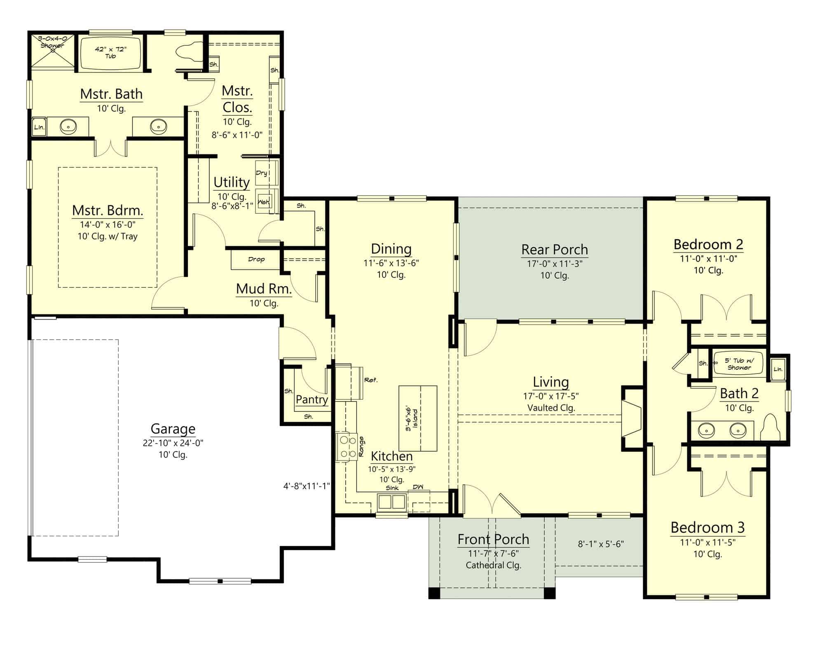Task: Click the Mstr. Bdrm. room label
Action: (108, 210)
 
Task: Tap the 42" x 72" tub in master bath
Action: (110, 53)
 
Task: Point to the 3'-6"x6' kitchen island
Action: (418, 418)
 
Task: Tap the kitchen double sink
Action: (392, 502)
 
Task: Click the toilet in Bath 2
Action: (770, 427)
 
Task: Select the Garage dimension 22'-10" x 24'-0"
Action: (173, 443)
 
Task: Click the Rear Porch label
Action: (555, 250)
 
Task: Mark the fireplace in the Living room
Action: (632, 418)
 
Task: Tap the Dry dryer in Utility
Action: (267, 173)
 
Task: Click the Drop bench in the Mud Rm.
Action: (256, 259)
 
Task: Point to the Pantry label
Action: (312, 399)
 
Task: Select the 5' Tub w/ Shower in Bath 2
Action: (739, 364)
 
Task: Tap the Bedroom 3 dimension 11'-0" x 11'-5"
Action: (707, 542)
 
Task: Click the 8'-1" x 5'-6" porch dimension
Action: (601, 544)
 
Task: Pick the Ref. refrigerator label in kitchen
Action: (371, 380)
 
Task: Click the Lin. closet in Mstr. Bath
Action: (39, 127)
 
